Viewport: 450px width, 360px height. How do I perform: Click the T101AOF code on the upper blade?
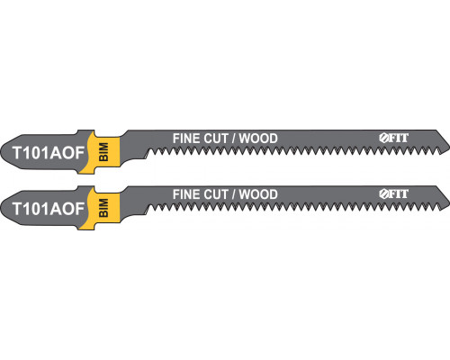(x=49, y=153)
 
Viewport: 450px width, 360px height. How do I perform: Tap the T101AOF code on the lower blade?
(x=49, y=209)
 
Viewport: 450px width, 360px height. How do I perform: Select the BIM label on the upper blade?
(x=103, y=152)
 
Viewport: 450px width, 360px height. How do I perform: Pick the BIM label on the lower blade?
(x=103, y=208)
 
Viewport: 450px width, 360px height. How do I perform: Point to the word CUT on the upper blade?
(x=216, y=139)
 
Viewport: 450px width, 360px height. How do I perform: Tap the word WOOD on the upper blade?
(x=258, y=139)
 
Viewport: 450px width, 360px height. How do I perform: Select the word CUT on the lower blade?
(x=216, y=194)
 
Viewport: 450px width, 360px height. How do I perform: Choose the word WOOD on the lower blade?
(x=258, y=194)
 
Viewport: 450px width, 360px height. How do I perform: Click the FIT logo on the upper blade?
(x=393, y=138)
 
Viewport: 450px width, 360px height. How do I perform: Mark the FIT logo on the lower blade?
(x=393, y=193)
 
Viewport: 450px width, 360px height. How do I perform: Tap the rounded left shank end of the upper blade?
(x=2, y=152)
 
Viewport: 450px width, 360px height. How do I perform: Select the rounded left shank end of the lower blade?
(x=2, y=208)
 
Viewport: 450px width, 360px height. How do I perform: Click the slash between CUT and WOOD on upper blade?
(x=233, y=139)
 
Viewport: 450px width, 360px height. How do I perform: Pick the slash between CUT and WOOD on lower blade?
(x=233, y=194)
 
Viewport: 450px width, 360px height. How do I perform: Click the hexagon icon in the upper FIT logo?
(x=383, y=138)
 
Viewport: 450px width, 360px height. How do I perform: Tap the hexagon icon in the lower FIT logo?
(x=383, y=193)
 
